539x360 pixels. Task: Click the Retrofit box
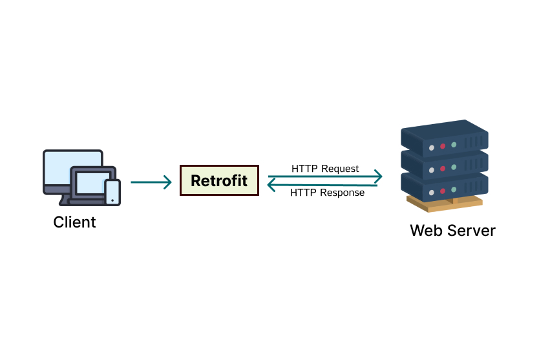[219, 180]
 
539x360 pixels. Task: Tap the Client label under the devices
[74, 222]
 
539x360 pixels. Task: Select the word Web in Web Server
[427, 230]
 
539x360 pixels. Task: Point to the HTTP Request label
[325, 169]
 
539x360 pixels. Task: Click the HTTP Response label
[327, 193]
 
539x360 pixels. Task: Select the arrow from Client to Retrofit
[151, 182]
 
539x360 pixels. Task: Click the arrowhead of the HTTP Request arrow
[377, 176]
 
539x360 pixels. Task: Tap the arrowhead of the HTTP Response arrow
[273, 185]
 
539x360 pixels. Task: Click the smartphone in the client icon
[112, 192]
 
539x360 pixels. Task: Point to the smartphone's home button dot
[112, 200]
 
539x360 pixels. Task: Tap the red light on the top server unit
[443, 146]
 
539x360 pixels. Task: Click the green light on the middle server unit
[454, 167]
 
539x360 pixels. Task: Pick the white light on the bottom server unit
[432, 191]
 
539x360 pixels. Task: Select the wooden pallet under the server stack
[445, 204]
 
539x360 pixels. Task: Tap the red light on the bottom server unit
[443, 190]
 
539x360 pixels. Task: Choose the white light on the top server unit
[432, 148]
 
